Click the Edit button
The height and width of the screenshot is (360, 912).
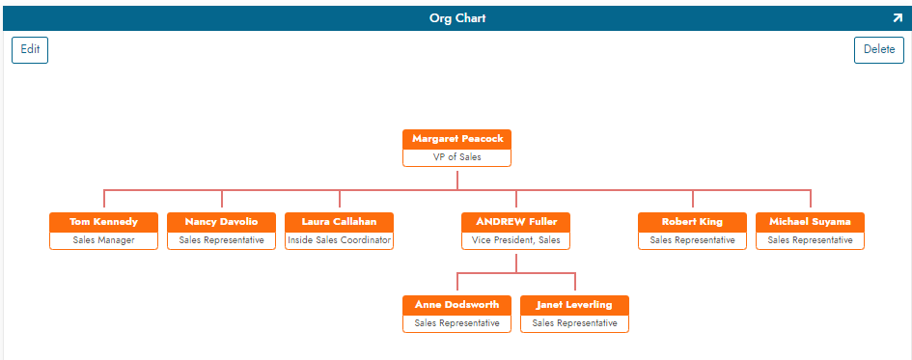[30, 50]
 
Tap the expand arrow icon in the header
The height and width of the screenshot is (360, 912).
[897, 17]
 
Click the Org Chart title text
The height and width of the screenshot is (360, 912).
[457, 17]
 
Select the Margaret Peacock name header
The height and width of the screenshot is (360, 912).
[457, 139]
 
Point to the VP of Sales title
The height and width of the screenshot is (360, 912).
[457, 156]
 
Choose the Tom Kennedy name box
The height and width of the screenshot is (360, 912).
[103, 222]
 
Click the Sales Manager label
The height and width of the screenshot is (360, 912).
[103, 239]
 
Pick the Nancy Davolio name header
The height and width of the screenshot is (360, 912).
[221, 222]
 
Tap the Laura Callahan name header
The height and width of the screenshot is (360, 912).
[339, 222]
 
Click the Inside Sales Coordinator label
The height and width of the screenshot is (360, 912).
[339, 239]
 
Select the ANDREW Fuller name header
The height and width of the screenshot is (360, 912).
[516, 222]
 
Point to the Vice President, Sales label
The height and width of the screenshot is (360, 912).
[516, 239]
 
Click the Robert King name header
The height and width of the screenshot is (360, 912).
[692, 222]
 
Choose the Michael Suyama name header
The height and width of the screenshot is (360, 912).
[810, 222]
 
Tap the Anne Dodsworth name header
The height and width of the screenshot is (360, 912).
[457, 305]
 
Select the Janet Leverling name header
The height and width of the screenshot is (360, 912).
[574, 305]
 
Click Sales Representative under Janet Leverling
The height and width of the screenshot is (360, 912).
[574, 323]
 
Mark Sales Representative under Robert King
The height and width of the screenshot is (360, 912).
[692, 239]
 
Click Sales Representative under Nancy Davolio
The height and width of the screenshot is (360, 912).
[221, 239]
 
